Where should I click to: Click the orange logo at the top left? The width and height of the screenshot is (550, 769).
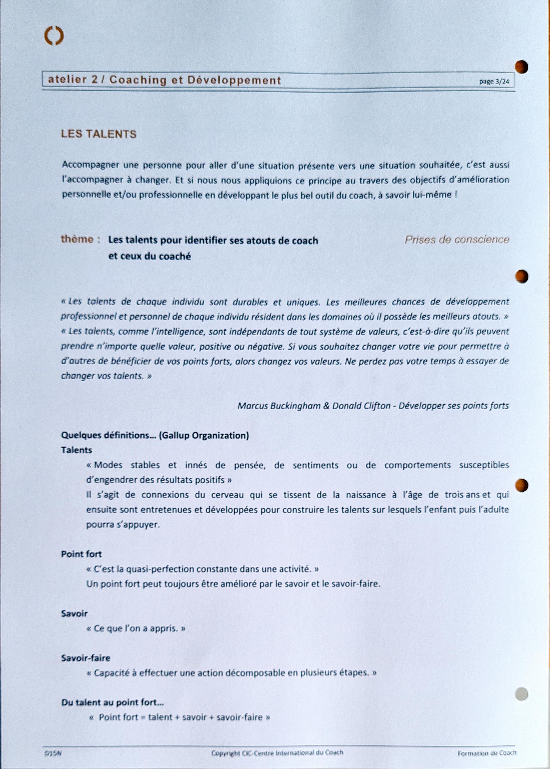pyautogui.click(x=54, y=36)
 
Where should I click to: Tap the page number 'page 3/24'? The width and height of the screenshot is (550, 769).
pyautogui.click(x=494, y=82)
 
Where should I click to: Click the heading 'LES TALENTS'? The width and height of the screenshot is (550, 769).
pyautogui.click(x=99, y=134)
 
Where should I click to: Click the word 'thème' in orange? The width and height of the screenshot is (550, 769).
pyautogui.click(x=77, y=239)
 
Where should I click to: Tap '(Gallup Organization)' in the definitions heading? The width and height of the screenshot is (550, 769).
pyautogui.click(x=204, y=435)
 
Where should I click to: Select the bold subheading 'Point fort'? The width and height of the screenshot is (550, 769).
pyautogui.click(x=81, y=554)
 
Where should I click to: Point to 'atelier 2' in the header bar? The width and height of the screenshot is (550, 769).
pyautogui.click(x=72, y=80)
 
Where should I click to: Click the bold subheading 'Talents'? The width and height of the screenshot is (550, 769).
pyautogui.click(x=76, y=450)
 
